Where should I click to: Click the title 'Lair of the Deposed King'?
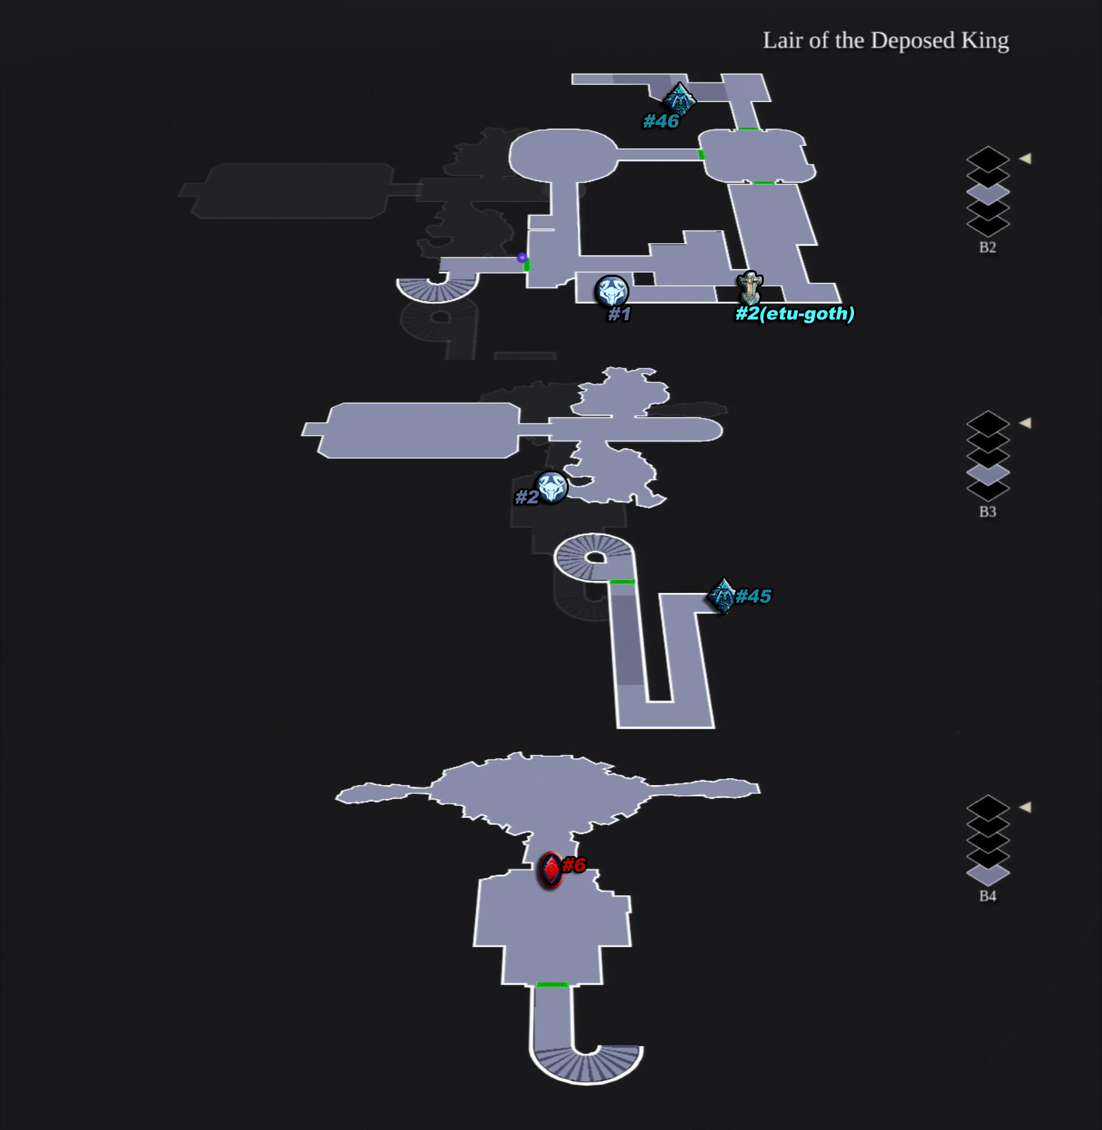(x=886, y=41)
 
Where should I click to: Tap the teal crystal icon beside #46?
(x=680, y=98)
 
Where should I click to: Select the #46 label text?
(x=661, y=121)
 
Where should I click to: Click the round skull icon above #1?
(x=612, y=291)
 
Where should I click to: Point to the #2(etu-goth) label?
(x=795, y=314)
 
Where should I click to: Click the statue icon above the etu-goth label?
(x=749, y=288)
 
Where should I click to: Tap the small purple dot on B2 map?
(x=522, y=258)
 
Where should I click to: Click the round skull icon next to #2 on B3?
(x=552, y=488)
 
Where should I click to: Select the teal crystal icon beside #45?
(x=722, y=596)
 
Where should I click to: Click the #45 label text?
(x=753, y=596)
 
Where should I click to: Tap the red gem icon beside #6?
(x=551, y=870)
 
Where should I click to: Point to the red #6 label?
(x=574, y=865)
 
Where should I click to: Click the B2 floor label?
(x=988, y=247)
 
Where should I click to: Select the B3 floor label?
(x=988, y=512)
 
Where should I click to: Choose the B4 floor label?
(x=988, y=896)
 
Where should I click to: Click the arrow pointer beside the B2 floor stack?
(x=1026, y=158)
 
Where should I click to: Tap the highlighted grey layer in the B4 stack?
(x=988, y=875)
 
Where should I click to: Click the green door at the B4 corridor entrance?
(x=552, y=985)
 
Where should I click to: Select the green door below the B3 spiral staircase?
(x=622, y=582)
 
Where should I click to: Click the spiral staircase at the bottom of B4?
(x=586, y=1064)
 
